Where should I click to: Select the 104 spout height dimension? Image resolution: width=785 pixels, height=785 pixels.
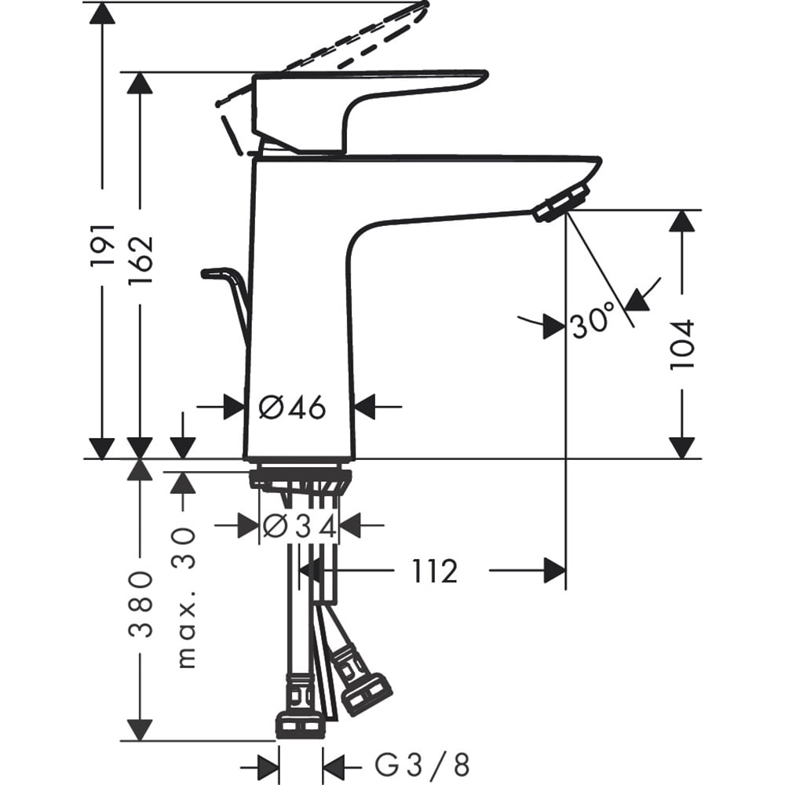click(x=681, y=343)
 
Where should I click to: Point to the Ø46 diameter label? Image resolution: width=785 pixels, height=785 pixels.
click(x=292, y=407)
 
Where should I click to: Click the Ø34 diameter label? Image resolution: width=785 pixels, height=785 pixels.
click(x=300, y=526)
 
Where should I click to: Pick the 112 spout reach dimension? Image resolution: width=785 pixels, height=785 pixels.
click(x=434, y=571)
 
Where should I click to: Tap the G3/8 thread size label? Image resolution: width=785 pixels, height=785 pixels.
click(x=422, y=763)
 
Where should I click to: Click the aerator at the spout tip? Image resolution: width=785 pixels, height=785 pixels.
click(x=560, y=201)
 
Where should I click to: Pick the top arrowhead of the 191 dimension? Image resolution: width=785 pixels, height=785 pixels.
click(x=102, y=13)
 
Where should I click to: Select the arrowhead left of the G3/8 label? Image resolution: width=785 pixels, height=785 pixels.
click(x=269, y=763)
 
